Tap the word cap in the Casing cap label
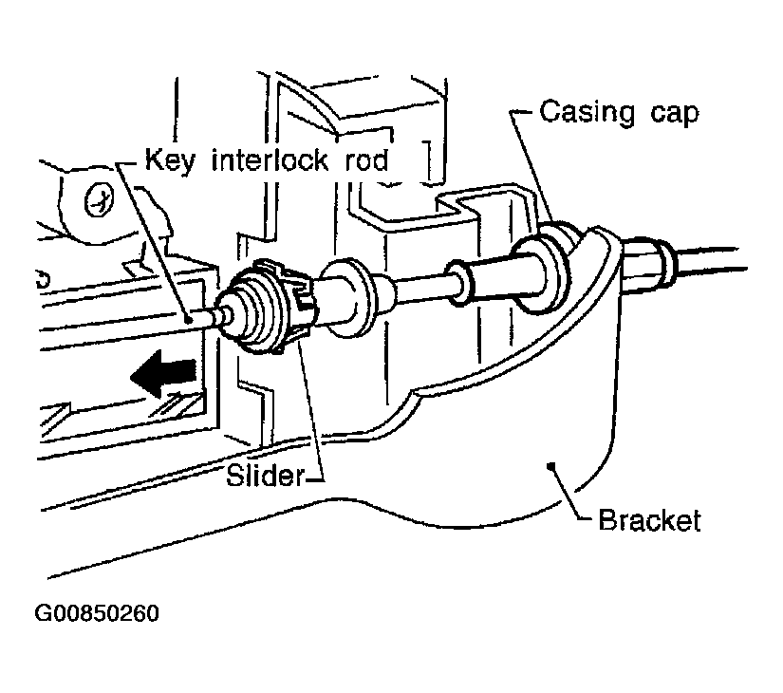pos(674,115)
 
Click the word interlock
pos(270,160)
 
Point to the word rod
pos(366,160)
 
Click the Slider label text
pos(265,476)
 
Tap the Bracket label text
pos(649,520)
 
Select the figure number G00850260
pos(97,613)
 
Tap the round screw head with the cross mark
pos(100,200)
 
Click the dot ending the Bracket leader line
pos(551,466)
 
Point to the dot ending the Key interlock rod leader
pos(189,320)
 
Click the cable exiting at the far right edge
pos(712,259)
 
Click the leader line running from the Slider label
pos(311,410)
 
